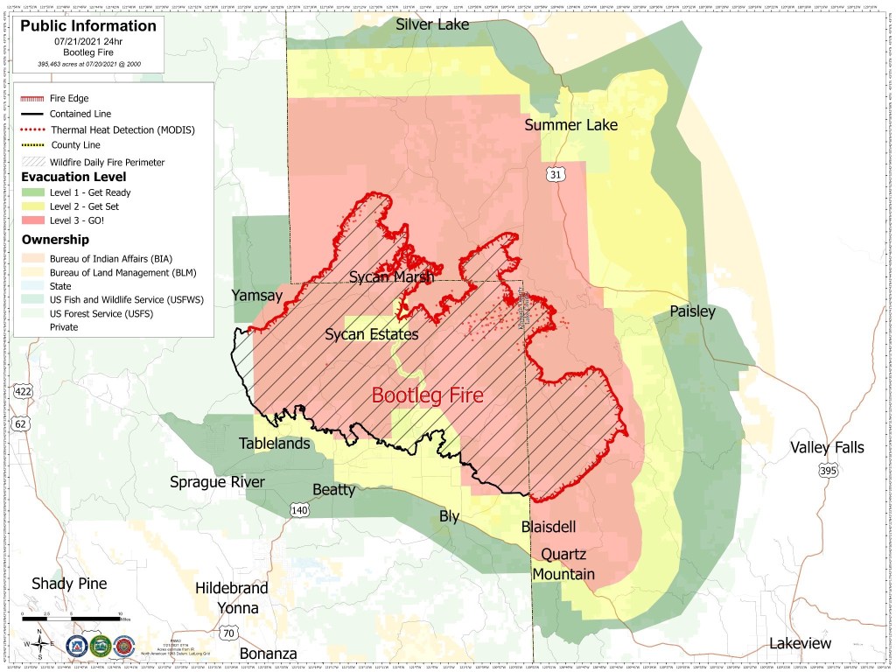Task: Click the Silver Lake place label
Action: click(x=432, y=24)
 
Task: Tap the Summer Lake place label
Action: click(x=570, y=125)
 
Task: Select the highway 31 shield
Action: click(x=556, y=175)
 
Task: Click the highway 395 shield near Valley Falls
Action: click(x=827, y=471)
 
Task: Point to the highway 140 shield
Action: click(x=299, y=509)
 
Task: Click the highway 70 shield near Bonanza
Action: click(x=228, y=633)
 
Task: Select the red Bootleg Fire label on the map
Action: click(x=427, y=395)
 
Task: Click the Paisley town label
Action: click(x=692, y=311)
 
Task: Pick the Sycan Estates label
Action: click(x=371, y=334)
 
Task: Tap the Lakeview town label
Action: click(x=800, y=643)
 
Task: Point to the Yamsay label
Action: click(x=256, y=296)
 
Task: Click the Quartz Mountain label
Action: click(x=567, y=564)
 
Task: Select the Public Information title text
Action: click(x=89, y=25)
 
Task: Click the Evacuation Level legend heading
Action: click(x=73, y=177)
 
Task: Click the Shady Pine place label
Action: click(x=69, y=584)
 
